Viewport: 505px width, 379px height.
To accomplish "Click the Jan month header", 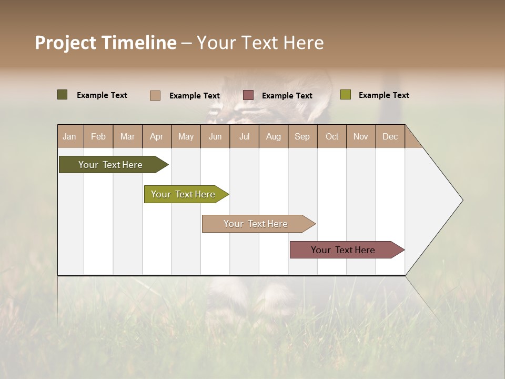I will [70, 136].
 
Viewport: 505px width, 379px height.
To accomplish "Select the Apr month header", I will [157, 136].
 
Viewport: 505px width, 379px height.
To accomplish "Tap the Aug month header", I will [274, 136].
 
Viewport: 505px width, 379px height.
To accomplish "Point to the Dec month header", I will [390, 136].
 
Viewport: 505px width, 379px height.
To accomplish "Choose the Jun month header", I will [215, 136].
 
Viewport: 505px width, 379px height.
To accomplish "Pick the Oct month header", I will [332, 136].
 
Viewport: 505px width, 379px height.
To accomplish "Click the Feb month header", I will [98, 136].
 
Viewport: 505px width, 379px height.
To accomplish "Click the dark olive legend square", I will [62, 95].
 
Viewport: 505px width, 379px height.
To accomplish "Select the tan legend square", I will [155, 95].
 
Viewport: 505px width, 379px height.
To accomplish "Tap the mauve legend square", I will [248, 95].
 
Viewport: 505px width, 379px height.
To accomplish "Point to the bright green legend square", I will [345, 95].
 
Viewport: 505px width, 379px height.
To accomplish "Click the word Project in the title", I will [66, 43].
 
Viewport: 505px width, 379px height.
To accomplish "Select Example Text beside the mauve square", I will [287, 96].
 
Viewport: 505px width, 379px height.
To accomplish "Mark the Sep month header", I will [302, 136].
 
